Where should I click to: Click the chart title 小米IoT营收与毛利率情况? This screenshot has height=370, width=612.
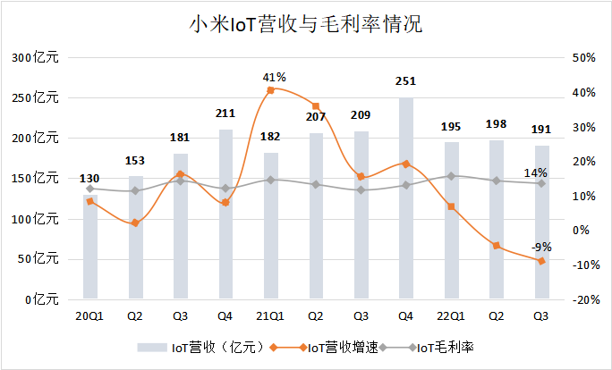pyautogui.click(x=306, y=24)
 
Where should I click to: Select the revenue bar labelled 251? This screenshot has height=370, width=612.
pyautogui.click(x=405, y=198)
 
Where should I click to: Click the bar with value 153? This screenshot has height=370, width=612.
pyautogui.click(x=135, y=237)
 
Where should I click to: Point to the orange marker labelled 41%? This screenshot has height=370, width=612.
pyautogui.click(x=271, y=90)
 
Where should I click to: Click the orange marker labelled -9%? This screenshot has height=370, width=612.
pyautogui.click(x=540, y=261)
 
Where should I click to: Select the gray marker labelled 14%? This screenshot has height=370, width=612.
pyautogui.click(x=540, y=183)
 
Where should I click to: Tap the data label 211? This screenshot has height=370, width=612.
pyautogui.click(x=225, y=114)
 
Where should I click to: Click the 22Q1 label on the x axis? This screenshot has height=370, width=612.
pyautogui.click(x=451, y=315)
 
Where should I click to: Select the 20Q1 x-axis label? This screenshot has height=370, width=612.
pyautogui.click(x=90, y=315)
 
